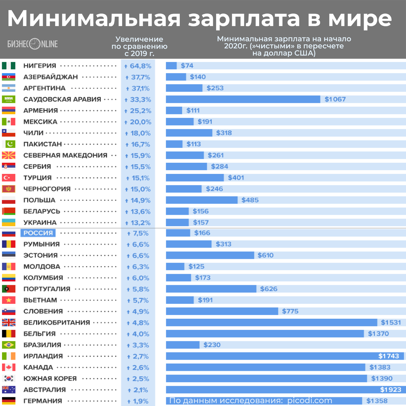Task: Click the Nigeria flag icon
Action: pyautogui.click(x=8, y=66)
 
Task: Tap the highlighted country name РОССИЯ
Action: pyautogui.click(x=38, y=233)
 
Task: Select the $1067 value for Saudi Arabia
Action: pyautogui.click(x=335, y=99)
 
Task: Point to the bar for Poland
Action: pyautogui.click(x=202, y=200)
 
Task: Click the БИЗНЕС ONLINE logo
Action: pyautogui.click(x=33, y=44)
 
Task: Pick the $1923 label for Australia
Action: pyautogui.click(x=390, y=390)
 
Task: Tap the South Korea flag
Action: pyautogui.click(x=8, y=379)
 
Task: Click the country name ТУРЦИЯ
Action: pyautogui.click(x=38, y=178)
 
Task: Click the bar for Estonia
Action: pyautogui.click(x=210, y=255)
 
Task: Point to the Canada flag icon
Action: pyautogui.click(x=8, y=367)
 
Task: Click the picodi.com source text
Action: pyautogui.click(x=310, y=401)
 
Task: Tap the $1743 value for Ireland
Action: pyautogui.click(x=389, y=356)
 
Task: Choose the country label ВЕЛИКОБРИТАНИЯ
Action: pyautogui.click(x=57, y=323)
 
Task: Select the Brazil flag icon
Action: pyautogui.click(x=8, y=345)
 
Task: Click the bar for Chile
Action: pyautogui.click(x=189, y=133)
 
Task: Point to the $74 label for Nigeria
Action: pyautogui.click(x=187, y=66)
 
